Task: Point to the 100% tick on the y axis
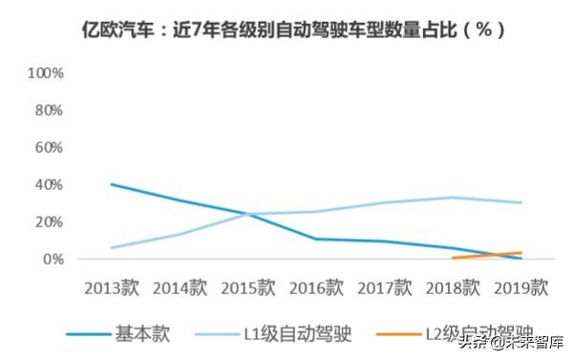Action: click(x=46, y=73)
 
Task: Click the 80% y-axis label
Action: click(x=49, y=110)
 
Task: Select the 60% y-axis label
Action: click(x=49, y=147)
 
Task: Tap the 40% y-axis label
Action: click(x=49, y=184)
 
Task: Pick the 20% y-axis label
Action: click(x=49, y=222)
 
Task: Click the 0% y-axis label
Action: click(x=53, y=259)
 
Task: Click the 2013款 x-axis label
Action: click(x=112, y=286)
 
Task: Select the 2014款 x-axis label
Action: click(x=181, y=286)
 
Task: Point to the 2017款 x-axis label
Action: click(x=386, y=286)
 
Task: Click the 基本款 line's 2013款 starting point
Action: click(x=112, y=184)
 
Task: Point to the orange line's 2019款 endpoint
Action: click(x=521, y=253)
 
